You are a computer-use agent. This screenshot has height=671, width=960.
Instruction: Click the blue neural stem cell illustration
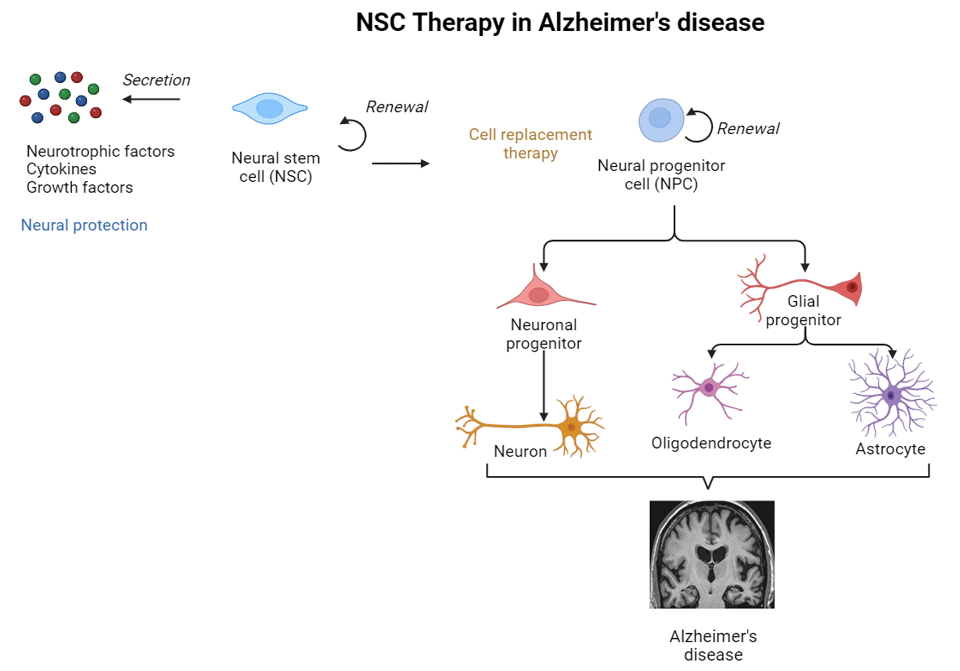click(x=270, y=108)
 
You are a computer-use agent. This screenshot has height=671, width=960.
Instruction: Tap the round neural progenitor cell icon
click(x=661, y=120)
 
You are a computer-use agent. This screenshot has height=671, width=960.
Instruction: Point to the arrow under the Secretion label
click(x=151, y=99)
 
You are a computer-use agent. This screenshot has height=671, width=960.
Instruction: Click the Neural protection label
click(x=84, y=225)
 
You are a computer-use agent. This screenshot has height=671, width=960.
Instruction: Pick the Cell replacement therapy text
click(x=530, y=143)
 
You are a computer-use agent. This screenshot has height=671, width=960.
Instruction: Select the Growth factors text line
click(x=80, y=188)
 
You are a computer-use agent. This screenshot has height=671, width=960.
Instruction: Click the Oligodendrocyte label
click(x=711, y=443)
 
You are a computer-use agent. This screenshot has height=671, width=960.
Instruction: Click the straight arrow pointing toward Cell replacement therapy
click(x=401, y=163)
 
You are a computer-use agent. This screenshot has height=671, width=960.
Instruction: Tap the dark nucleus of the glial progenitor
click(x=852, y=287)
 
